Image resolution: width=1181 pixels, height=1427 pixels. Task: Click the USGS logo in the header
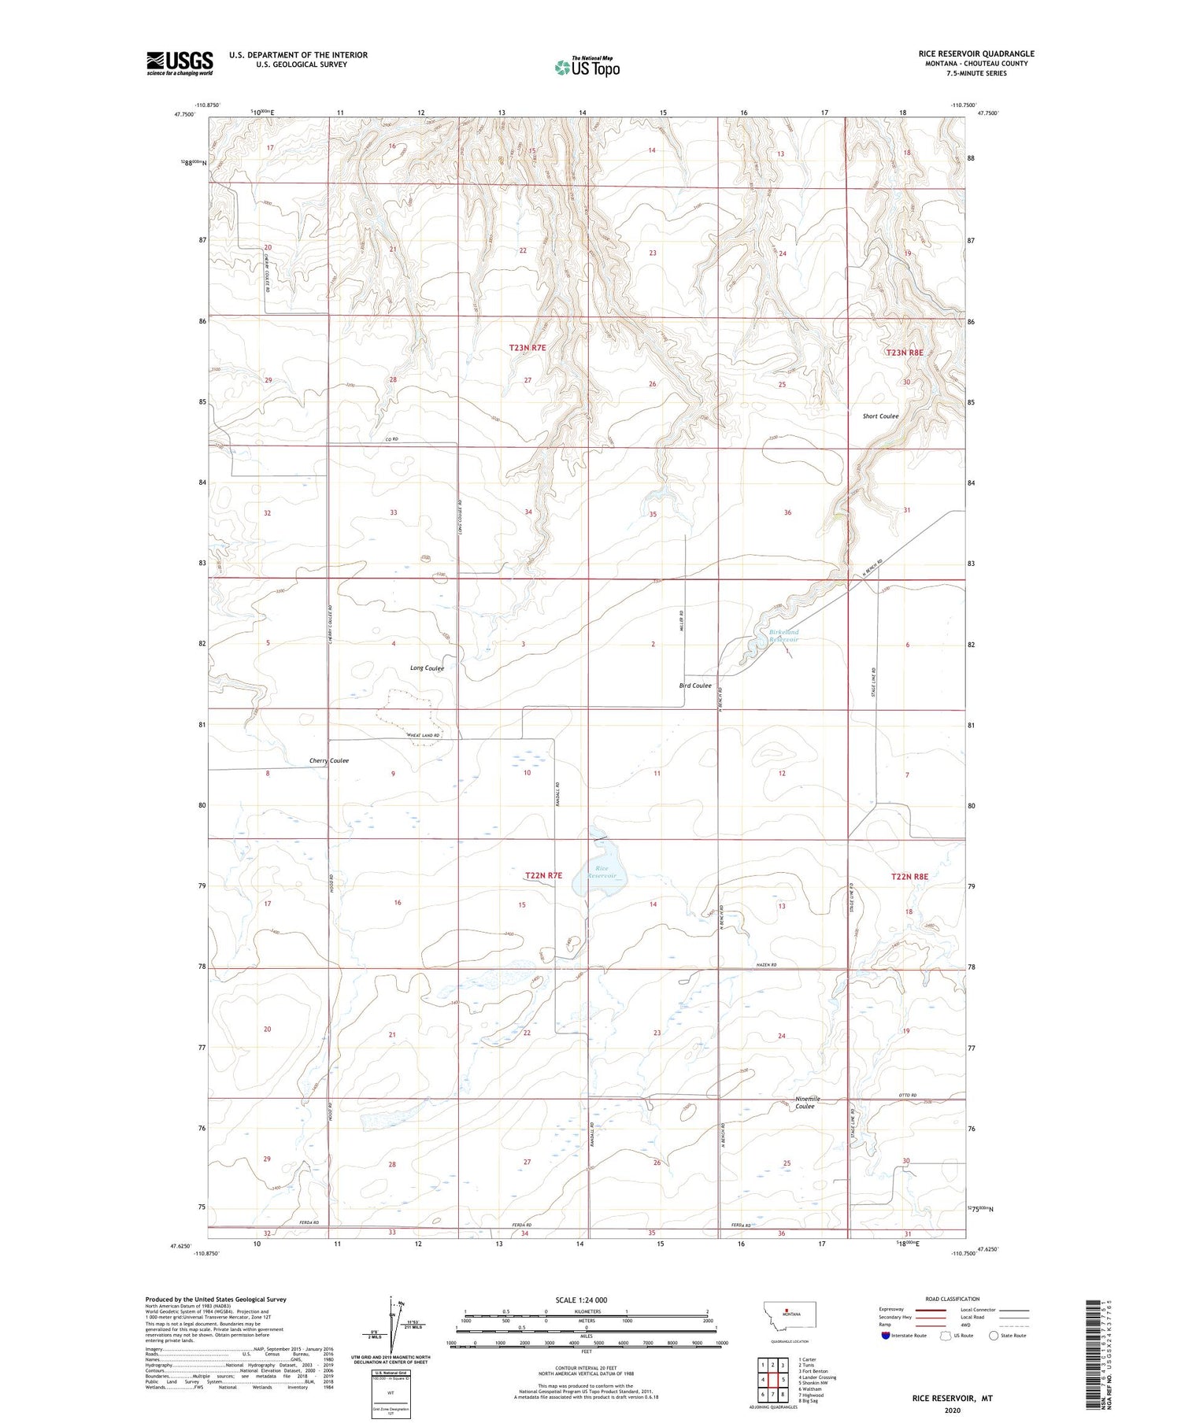tap(180, 63)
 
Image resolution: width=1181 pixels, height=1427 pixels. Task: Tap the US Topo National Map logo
tap(587, 68)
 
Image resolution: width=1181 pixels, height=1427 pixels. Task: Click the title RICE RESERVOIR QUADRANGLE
tap(976, 54)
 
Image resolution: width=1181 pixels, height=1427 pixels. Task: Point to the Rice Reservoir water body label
tap(602, 872)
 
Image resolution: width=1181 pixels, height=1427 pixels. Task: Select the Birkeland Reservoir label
tap(783, 635)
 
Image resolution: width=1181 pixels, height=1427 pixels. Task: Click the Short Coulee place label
tap(880, 416)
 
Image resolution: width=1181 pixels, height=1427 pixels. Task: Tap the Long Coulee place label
tap(427, 668)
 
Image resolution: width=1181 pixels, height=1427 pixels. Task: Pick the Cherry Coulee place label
tap(329, 761)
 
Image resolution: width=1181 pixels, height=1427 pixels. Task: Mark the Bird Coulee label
tap(695, 686)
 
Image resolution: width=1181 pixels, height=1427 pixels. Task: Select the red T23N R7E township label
tap(528, 347)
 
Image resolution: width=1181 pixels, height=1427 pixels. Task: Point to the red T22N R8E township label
tap(909, 877)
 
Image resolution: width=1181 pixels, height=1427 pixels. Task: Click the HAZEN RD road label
tap(764, 965)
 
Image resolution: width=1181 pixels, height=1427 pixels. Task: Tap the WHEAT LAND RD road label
tap(423, 735)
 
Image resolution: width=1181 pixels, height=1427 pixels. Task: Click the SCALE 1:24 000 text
tap(581, 1299)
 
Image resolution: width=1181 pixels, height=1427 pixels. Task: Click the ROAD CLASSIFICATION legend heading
tap(953, 1299)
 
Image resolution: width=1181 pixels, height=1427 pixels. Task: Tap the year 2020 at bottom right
tap(952, 1410)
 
